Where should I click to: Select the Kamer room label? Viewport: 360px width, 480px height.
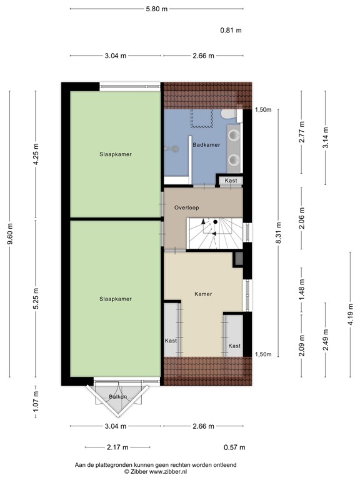(x=202, y=293)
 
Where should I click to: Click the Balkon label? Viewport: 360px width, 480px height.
(x=118, y=397)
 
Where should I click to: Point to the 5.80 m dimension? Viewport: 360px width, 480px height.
(x=156, y=9)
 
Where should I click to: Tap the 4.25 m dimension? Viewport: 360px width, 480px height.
(x=37, y=154)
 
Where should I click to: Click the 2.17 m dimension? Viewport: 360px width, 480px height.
(x=117, y=447)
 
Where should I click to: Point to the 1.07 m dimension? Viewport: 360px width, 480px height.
(x=37, y=399)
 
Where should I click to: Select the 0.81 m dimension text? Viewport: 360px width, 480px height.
(x=231, y=30)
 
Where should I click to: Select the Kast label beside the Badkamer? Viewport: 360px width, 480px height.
(x=231, y=181)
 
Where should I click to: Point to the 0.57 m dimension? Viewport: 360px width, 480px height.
(x=234, y=447)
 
